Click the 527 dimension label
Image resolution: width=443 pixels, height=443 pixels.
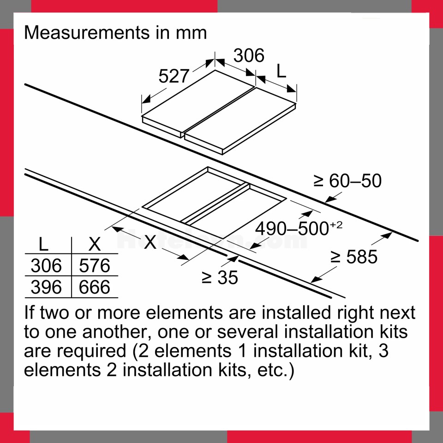tap(174, 76)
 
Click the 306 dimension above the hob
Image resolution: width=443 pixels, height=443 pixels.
tap(249, 55)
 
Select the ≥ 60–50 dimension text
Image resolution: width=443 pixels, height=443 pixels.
tap(347, 181)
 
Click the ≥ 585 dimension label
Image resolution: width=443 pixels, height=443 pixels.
tap(354, 257)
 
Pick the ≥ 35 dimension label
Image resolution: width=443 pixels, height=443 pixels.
tap(220, 277)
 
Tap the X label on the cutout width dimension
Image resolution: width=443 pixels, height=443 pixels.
tap(150, 242)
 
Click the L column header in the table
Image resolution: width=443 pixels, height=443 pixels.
tap(43, 244)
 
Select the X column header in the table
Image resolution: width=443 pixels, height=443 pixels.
tap(94, 244)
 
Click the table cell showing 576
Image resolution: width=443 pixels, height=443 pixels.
tap(94, 266)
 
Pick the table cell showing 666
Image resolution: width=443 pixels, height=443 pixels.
tap(94, 287)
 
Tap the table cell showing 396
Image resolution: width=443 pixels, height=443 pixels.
tap(46, 287)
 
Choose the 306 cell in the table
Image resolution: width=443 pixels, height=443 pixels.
tap(46, 266)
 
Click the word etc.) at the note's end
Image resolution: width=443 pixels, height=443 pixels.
tap(276, 371)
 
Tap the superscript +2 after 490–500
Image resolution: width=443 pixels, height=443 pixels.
tap(336, 225)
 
